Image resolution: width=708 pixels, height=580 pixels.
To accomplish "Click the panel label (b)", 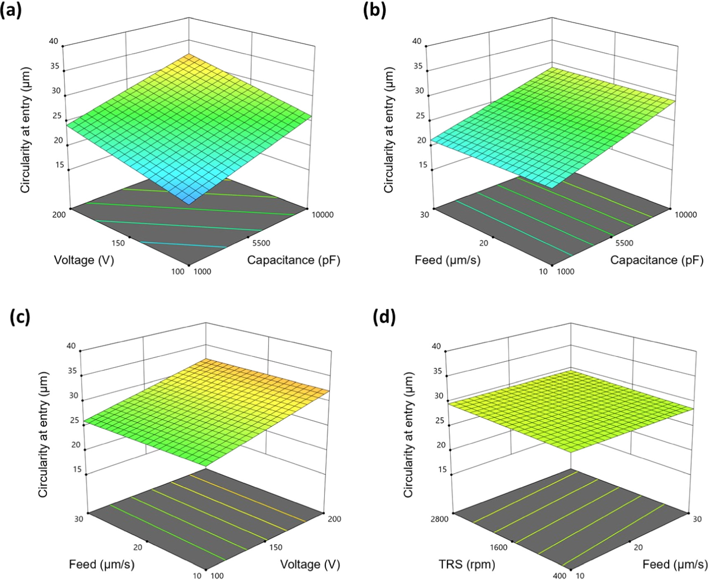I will point(374,10).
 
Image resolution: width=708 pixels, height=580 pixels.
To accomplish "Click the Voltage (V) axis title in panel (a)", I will point(84,260).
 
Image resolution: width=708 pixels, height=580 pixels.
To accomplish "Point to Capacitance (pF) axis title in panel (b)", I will point(657,260).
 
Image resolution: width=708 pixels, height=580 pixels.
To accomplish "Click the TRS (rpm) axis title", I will point(466,564).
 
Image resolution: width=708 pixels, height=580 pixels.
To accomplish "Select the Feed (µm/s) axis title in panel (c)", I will point(102,564).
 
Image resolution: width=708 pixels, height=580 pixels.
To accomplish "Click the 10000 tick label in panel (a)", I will point(322,215).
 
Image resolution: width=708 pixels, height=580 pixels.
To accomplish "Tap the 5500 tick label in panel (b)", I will point(624,243).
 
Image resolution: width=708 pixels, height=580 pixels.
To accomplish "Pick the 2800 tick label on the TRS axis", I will point(439,519).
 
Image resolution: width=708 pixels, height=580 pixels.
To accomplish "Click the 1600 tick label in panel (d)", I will point(499,547).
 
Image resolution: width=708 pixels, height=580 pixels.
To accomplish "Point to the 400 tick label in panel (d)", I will point(559,575).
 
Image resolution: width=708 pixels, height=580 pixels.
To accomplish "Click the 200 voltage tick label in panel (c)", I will point(334,519).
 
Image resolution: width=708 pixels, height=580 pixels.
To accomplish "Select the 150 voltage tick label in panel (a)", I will point(118,243).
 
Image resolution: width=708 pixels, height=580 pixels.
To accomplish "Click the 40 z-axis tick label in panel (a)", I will point(53,41).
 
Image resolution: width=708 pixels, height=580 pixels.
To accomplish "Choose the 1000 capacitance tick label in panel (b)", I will point(566,271).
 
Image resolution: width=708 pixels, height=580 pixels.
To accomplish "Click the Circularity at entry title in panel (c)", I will point(43,434).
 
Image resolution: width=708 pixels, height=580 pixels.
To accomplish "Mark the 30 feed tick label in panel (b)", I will point(425,215).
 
